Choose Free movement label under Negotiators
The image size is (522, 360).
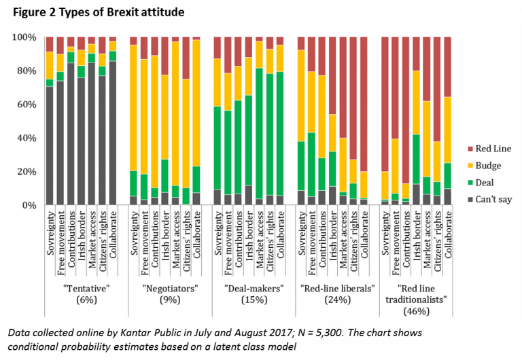(x=144, y=235)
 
